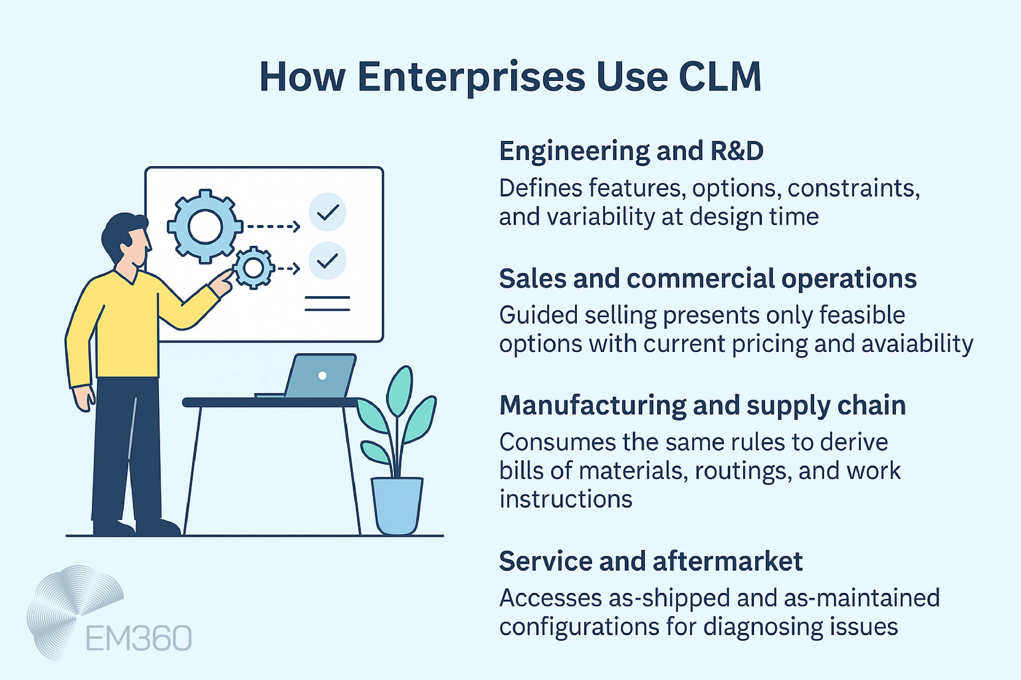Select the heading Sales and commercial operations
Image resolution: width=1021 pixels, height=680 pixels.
point(707,278)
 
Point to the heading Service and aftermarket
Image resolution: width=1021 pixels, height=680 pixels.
point(651,561)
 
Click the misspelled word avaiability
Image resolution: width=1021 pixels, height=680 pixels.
point(917,344)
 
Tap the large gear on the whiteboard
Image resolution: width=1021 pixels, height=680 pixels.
point(205,226)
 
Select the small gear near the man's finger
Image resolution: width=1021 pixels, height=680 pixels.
point(253,267)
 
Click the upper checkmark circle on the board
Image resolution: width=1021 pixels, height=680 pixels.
point(327,212)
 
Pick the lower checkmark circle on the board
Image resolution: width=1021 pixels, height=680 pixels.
point(327,261)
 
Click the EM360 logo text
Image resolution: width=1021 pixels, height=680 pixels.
point(138,638)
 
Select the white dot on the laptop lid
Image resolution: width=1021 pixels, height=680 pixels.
point(322,376)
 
